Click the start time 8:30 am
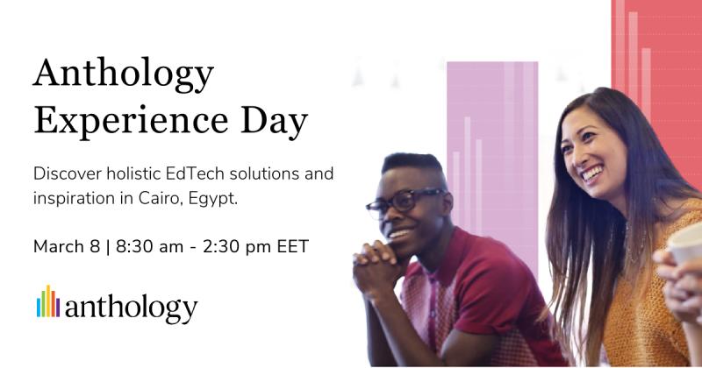click(147, 246)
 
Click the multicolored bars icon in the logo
click(47, 301)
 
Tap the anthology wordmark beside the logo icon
click(131, 308)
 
